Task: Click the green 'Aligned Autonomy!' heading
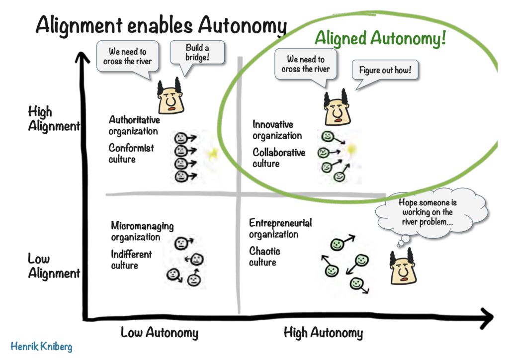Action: coord(380,38)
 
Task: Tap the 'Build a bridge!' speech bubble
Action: coord(197,53)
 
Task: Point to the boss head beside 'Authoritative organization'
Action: coord(170,96)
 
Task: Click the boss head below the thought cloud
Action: coord(403,267)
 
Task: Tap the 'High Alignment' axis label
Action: coord(54,118)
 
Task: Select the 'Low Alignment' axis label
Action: coord(54,266)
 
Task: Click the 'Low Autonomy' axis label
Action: coord(160,333)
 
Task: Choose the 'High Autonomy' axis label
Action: coord(323,333)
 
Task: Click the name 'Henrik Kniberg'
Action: coord(41,347)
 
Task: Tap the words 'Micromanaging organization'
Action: coord(142,231)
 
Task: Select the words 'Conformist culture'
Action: coord(131,154)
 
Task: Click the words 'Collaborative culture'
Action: coord(279,158)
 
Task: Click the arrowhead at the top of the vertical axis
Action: coord(83,58)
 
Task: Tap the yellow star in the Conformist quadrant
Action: coord(213,153)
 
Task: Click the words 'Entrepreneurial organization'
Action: coord(280,229)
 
